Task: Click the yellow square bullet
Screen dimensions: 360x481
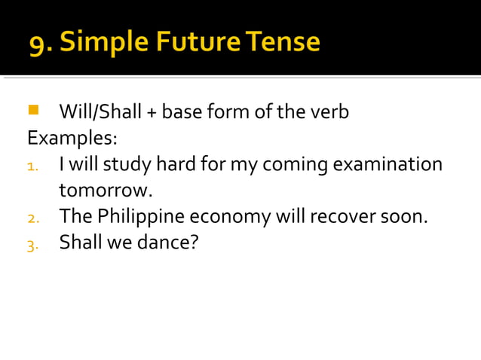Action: pos(32,111)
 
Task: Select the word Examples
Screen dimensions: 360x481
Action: pos(72,139)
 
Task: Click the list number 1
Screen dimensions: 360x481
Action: pos(32,166)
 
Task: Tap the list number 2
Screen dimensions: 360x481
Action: pos(32,218)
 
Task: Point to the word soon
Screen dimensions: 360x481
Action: pos(406,217)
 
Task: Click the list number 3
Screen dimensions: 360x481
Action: pos(32,244)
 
